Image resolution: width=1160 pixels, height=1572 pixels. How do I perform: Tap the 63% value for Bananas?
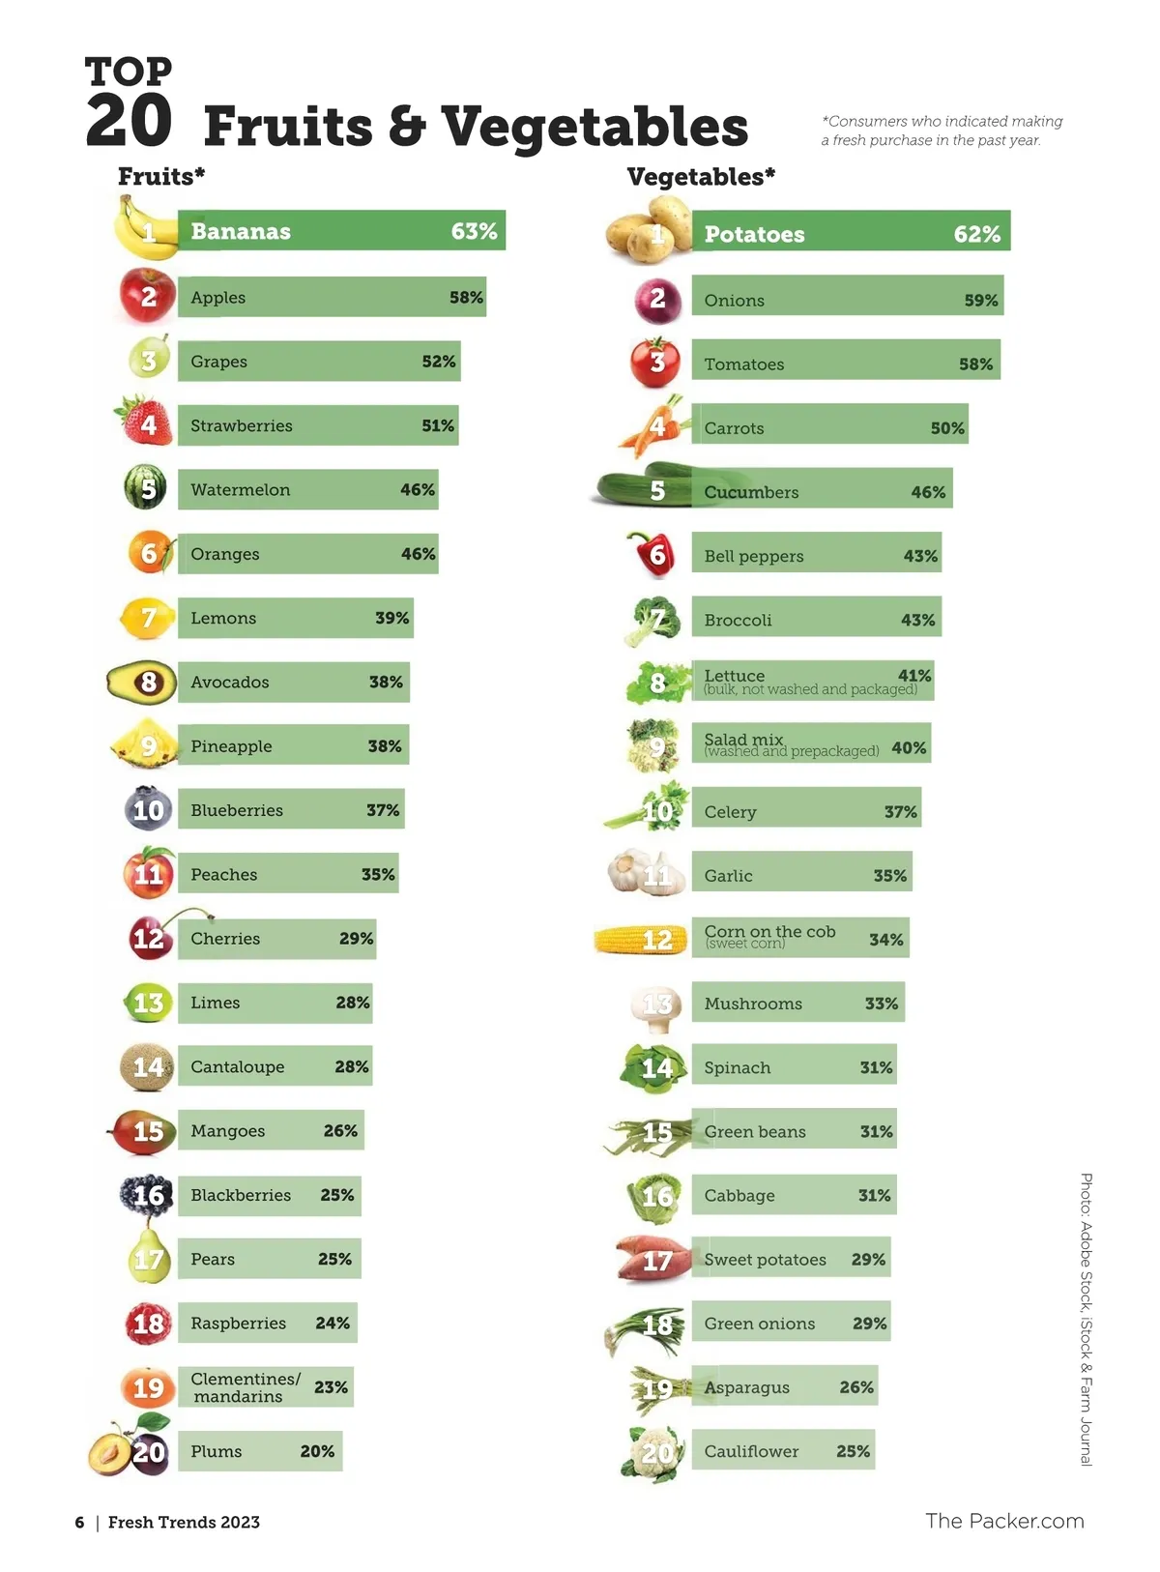coord(474,231)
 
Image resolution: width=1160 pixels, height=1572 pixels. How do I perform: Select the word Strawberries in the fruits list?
coord(241,425)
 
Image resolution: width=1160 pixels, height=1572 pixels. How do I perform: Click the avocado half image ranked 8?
coord(141,682)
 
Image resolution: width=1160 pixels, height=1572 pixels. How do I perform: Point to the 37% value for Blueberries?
coord(383,810)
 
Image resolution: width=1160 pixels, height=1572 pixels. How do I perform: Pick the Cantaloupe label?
coord(238,1066)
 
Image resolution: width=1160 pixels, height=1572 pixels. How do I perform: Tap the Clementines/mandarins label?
coord(245,1387)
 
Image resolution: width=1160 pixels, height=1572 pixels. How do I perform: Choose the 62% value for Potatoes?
coord(976,234)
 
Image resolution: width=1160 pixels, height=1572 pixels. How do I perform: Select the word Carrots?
coord(734,428)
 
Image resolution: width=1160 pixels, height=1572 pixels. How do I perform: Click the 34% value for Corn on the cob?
coord(885,940)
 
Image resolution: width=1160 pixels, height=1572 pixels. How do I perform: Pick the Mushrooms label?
coord(753,1004)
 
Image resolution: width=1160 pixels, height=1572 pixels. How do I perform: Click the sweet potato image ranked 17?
coord(652,1259)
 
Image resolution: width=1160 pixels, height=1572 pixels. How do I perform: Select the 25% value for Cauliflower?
coord(853,1451)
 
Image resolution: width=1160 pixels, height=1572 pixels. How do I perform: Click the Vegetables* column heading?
coord(701,177)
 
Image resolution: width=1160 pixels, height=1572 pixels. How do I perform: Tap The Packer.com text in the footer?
coord(1004,1521)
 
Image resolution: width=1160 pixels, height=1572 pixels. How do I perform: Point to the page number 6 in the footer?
coord(79,1523)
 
